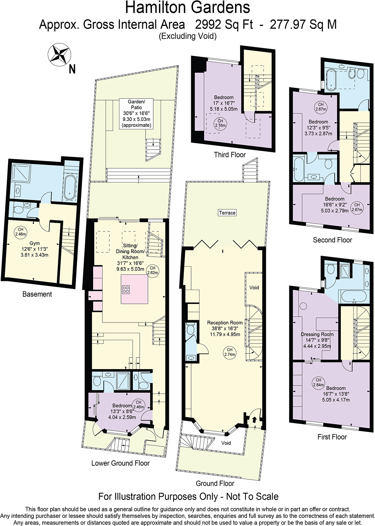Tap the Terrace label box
(x=227, y=213)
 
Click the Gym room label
(x=34, y=243)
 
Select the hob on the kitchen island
(x=126, y=289)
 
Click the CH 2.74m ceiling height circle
(x=229, y=352)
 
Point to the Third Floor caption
(x=230, y=155)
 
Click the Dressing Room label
(x=317, y=334)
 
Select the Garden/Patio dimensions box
(x=136, y=113)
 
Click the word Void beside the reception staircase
(x=254, y=288)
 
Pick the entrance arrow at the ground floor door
(x=254, y=420)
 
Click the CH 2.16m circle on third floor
(x=220, y=123)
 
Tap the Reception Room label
(x=225, y=323)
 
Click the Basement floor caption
(x=37, y=294)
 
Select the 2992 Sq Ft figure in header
(x=224, y=25)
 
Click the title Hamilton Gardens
(x=187, y=8)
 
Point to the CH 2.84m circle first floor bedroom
(x=318, y=382)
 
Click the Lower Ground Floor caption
(x=120, y=463)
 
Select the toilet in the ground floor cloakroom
(x=190, y=329)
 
